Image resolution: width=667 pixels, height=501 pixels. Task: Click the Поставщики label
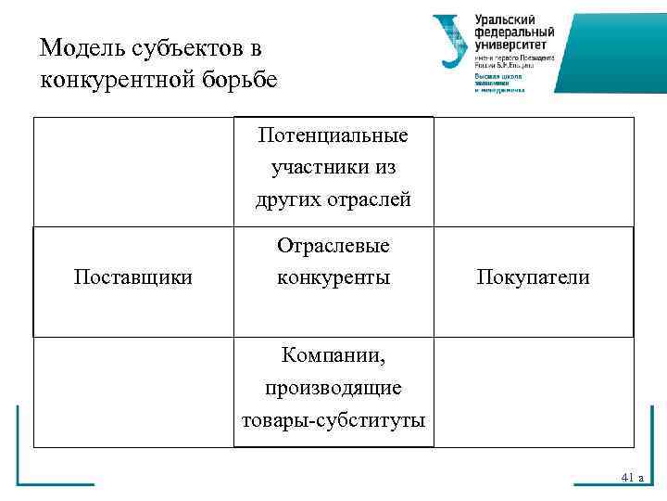pyautogui.click(x=133, y=276)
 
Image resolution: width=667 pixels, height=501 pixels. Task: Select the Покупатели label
pyautogui.click(x=533, y=276)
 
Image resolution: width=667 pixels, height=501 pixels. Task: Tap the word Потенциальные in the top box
pyautogui.click(x=333, y=136)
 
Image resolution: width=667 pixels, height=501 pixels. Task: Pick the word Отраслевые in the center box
pyautogui.click(x=333, y=246)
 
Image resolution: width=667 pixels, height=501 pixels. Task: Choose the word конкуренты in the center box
pyautogui.click(x=333, y=276)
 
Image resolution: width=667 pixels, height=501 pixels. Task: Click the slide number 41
pyautogui.click(x=627, y=477)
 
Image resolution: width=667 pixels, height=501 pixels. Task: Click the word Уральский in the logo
pyautogui.click(x=506, y=19)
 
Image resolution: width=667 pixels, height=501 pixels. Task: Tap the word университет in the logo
pyautogui.click(x=510, y=43)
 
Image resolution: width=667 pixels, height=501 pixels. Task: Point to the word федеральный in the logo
pyautogui.click(x=513, y=32)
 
